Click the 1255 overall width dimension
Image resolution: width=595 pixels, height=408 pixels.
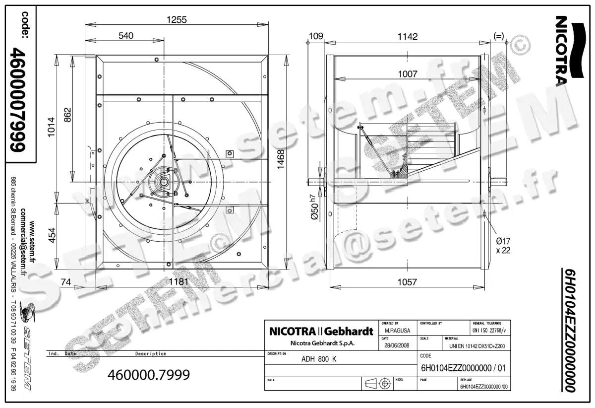click(x=177, y=20)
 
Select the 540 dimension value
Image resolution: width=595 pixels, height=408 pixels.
click(x=126, y=36)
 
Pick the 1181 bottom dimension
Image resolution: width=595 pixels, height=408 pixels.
click(x=177, y=282)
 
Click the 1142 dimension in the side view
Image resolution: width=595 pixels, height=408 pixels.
click(x=407, y=36)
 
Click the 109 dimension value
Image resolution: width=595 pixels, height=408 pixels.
click(x=315, y=36)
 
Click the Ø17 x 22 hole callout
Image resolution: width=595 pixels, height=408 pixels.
click(x=502, y=246)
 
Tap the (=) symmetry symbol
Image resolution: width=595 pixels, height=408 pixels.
click(x=499, y=36)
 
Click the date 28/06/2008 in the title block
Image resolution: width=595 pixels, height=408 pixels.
click(x=397, y=346)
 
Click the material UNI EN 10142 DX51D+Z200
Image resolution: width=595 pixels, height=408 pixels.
click(x=476, y=346)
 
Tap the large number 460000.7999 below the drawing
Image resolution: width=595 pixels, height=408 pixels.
click(x=149, y=375)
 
